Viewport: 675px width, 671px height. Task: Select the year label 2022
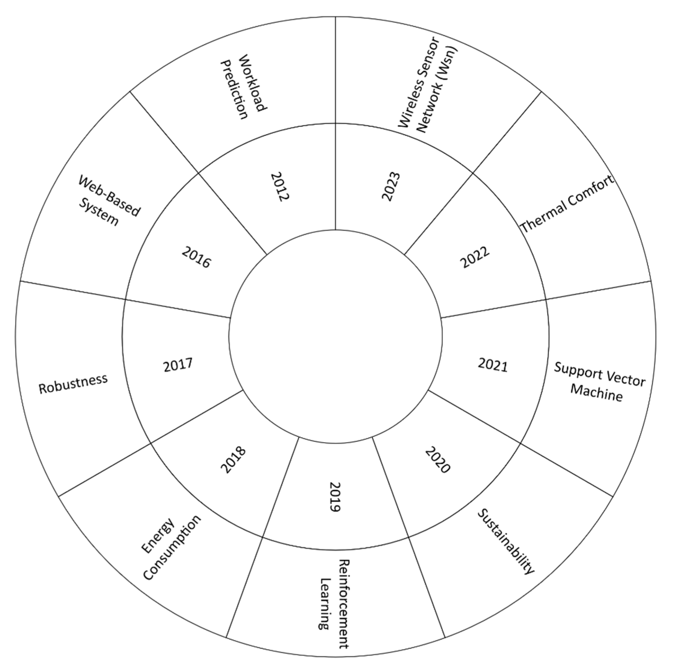point(475,258)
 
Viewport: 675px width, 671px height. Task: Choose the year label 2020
point(438,460)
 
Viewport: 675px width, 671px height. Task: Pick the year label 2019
point(335,497)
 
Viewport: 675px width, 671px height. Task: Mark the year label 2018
point(233,460)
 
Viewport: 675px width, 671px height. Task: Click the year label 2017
point(178,365)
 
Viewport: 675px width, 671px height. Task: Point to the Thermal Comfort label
point(567,204)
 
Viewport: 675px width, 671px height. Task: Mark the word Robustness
point(73,383)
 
